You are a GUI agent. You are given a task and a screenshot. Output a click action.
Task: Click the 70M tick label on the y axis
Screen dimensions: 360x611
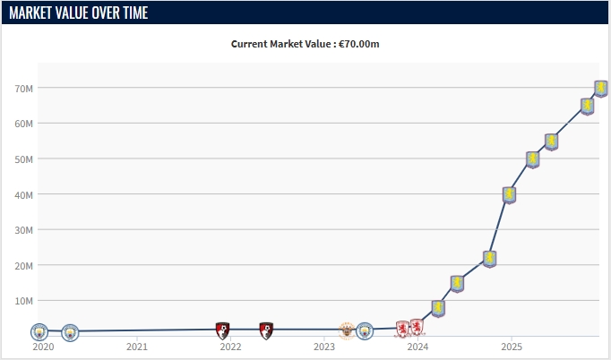click(24, 89)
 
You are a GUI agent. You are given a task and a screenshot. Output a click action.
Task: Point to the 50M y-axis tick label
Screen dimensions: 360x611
click(24, 159)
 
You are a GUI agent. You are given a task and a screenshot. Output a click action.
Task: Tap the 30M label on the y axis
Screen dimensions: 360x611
click(24, 230)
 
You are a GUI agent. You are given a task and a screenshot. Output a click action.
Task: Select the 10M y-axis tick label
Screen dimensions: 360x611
click(24, 301)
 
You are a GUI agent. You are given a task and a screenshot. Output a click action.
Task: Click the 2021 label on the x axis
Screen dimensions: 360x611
click(136, 347)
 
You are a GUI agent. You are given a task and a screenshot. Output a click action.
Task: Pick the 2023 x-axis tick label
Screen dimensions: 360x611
click(323, 347)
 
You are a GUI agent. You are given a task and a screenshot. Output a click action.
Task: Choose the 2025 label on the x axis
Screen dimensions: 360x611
click(511, 347)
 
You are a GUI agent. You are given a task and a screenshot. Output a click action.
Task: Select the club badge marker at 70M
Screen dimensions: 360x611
click(601, 88)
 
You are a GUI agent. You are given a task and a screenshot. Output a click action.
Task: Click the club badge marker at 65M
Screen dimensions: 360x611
click(587, 106)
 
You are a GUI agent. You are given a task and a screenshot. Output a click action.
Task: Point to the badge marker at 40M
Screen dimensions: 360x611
click(509, 194)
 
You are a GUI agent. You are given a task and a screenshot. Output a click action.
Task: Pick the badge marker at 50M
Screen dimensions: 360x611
click(532, 159)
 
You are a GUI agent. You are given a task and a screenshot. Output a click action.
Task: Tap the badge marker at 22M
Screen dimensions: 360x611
click(489, 259)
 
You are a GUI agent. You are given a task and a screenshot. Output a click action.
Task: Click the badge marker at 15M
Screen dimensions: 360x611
click(457, 284)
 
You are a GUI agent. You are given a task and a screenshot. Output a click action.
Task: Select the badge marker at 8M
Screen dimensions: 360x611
click(438, 308)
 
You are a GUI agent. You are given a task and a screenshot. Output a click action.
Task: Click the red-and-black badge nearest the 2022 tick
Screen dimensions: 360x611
click(223, 330)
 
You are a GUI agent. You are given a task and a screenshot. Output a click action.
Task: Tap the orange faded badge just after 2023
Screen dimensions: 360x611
click(346, 330)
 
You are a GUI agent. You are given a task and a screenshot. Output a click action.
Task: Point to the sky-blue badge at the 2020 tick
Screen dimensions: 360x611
click(39, 332)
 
